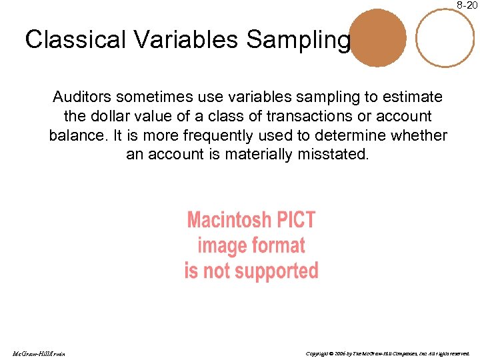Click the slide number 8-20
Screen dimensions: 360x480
pyautogui.click(x=467, y=5)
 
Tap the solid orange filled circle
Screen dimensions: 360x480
pyautogui.click(x=378, y=37)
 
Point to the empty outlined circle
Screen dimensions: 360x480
pyautogui.click(x=445, y=37)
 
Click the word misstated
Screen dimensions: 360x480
pyautogui.click(x=337, y=155)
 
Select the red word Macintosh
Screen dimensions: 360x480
pyautogui.click(x=229, y=220)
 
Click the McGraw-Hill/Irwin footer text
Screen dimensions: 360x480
pyautogui.click(x=37, y=353)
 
